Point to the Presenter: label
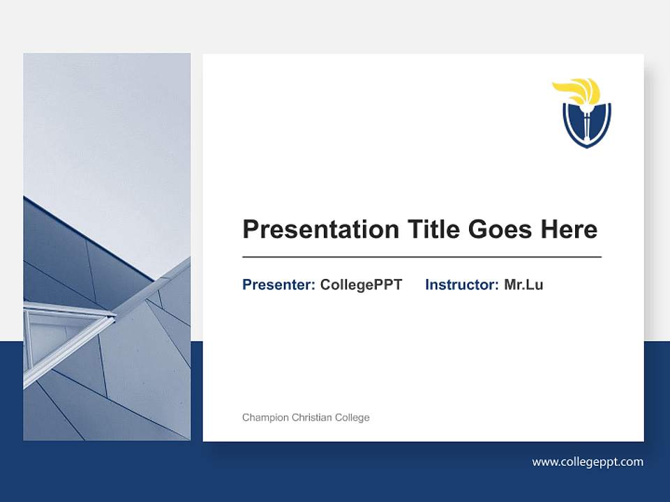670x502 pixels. (278, 284)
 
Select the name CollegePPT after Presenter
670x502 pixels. (361, 284)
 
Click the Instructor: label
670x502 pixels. (461, 284)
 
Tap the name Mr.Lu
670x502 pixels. (523, 284)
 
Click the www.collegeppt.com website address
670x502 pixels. (588, 462)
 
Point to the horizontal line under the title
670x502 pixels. (422, 257)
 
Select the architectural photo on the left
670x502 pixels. (107, 247)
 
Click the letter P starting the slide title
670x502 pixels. (250, 229)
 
